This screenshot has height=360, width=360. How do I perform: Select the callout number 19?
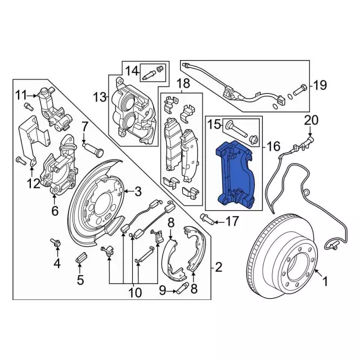tap(319, 86)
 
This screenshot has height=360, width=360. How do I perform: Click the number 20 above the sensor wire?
tap(311, 120)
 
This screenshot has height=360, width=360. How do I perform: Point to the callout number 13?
tap(100, 97)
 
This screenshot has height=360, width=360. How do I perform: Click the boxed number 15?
tap(214, 124)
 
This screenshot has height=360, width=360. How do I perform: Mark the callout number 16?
tap(273, 147)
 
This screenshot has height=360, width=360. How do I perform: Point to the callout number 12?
tap(33, 183)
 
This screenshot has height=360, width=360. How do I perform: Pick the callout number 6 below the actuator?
tap(55, 211)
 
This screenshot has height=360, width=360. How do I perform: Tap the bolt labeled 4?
tap(57, 242)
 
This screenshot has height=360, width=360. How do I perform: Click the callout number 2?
tap(218, 267)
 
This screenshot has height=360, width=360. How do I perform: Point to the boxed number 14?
tap(132, 71)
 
